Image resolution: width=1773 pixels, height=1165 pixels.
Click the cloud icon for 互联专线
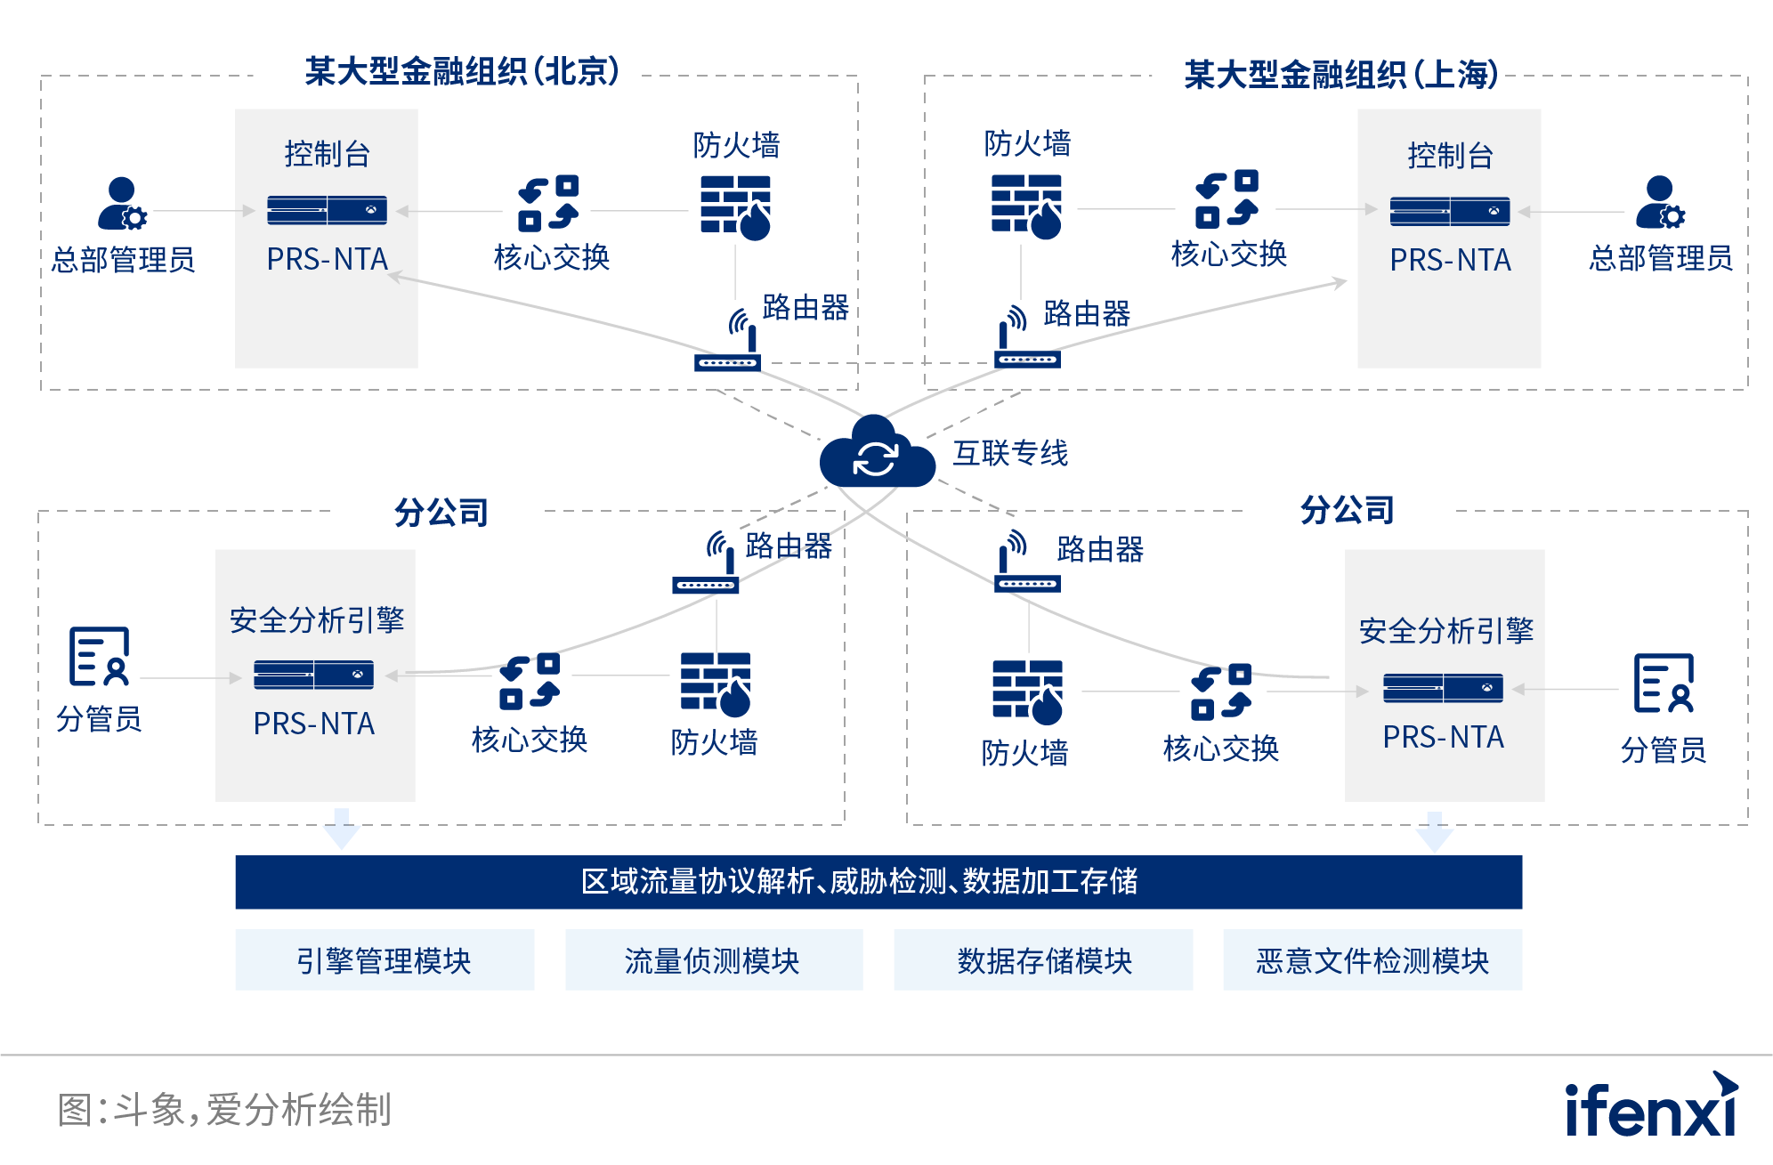point(877,454)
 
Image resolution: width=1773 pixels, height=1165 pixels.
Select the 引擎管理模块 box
point(385,960)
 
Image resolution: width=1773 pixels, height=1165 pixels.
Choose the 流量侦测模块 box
point(713,960)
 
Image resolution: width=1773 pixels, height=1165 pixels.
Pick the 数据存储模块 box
point(1043,960)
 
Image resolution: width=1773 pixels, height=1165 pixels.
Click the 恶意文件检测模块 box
point(1372,960)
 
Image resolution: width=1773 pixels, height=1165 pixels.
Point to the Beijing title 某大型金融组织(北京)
point(462,71)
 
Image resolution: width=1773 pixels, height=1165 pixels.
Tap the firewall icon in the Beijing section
point(735,207)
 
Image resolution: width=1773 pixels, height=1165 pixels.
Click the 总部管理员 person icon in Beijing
point(122,204)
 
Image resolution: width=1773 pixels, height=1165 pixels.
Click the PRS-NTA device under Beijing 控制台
point(327,210)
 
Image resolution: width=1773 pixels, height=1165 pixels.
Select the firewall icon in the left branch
point(716,684)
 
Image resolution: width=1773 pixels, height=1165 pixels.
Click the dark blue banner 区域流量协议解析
point(878,881)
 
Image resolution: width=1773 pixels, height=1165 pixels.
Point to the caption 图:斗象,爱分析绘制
point(224,1110)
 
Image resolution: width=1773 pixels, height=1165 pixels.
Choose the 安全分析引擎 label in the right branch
point(1445,631)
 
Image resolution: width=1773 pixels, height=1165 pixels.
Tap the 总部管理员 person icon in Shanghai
point(1659,204)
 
